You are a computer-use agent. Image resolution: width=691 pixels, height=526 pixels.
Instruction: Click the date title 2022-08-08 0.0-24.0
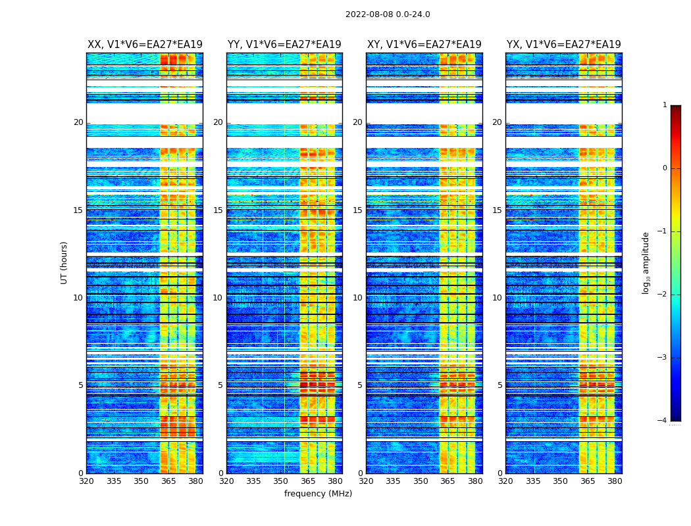point(388,14)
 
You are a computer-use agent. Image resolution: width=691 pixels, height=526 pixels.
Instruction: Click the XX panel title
point(145,45)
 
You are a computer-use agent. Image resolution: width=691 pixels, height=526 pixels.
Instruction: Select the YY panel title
point(284,45)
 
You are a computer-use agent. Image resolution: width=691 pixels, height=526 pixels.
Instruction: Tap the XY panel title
point(424,45)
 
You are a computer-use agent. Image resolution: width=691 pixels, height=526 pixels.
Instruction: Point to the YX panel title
point(563,45)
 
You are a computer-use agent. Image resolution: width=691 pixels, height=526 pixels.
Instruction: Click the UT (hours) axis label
point(64,262)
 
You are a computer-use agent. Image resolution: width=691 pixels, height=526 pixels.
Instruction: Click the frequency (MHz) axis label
point(318,494)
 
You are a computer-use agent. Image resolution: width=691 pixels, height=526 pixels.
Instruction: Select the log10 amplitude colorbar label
point(646,262)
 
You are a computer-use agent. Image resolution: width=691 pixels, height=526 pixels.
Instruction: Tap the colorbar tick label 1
point(665,105)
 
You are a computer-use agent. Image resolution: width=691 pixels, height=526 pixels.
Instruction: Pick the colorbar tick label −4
point(663,421)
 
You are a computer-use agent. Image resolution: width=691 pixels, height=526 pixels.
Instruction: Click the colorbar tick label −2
point(663,295)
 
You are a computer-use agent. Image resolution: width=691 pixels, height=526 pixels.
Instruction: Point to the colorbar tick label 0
point(665,168)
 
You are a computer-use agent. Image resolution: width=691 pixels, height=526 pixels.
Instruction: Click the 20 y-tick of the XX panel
point(78,122)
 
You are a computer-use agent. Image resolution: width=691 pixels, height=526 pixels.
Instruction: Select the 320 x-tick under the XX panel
point(86,481)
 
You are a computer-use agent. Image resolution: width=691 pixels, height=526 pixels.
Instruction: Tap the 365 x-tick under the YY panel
point(308,481)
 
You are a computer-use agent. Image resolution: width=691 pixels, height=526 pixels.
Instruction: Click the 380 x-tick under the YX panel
point(615,481)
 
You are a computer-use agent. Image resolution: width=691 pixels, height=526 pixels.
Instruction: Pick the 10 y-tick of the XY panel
point(357,298)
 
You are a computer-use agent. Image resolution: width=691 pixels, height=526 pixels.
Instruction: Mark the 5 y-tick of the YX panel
point(499,385)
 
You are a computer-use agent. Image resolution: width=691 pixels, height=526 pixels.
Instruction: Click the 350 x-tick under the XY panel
point(420,481)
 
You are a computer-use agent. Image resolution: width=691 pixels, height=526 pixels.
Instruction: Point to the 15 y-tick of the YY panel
point(218,210)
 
